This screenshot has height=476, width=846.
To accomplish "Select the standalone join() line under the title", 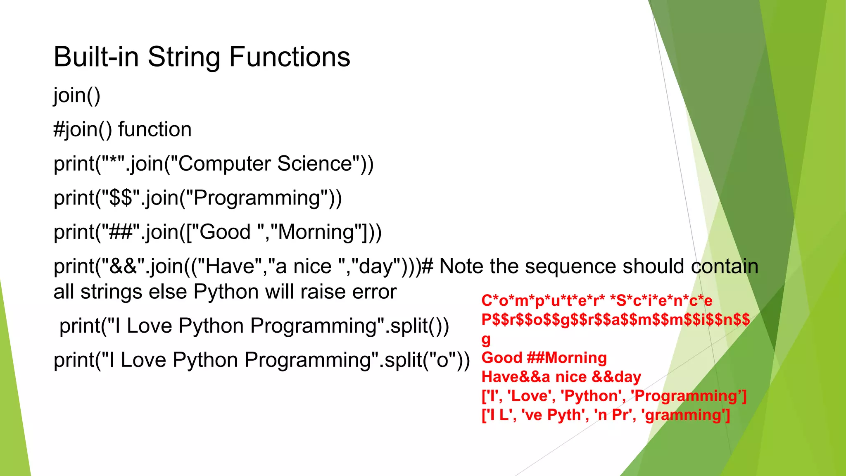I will [77, 95].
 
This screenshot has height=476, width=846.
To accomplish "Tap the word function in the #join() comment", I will [155, 130].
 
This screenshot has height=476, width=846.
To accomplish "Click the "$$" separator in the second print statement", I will [121, 198].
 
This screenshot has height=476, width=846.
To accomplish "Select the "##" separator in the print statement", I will [120, 232].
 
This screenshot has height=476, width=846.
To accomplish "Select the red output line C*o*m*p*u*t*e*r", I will [596, 301].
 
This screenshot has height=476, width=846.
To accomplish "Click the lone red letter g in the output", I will [486, 340].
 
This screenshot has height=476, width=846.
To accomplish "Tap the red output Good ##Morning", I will [544, 358].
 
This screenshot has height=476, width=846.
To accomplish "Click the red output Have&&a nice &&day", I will [561, 377].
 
